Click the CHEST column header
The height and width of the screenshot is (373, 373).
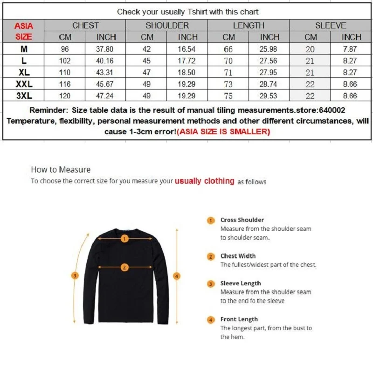(x=85, y=26)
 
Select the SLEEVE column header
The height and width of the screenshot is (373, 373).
(x=331, y=26)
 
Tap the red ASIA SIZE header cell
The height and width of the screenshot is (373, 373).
(x=23, y=31)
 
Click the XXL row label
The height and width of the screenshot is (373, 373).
(x=23, y=84)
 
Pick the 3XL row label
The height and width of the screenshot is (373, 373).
(x=23, y=96)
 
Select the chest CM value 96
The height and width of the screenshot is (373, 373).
(x=65, y=49)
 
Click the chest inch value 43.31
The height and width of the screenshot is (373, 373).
(x=106, y=73)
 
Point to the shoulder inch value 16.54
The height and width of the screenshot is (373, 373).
(x=188, y=49)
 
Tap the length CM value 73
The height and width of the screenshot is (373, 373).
(x=228, y=84)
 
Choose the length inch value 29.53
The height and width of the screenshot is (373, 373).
(x=269, y=96)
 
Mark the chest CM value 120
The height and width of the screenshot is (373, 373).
(x=65, y=96)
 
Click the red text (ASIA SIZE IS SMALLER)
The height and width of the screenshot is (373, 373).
(x=223, y=132)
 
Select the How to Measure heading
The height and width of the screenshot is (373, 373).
(x=61, y=170)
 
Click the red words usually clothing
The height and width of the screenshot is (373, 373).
(x=204, y=181)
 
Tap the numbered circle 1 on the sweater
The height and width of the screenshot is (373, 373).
(x=124, y=239)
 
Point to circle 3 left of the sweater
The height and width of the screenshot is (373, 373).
(x=75, y=276)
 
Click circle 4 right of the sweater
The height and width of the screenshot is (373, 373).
(x=176, y=276)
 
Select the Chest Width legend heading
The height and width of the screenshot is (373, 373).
(x=238, y=256)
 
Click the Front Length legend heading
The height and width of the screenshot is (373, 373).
(x=239, y=319)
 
